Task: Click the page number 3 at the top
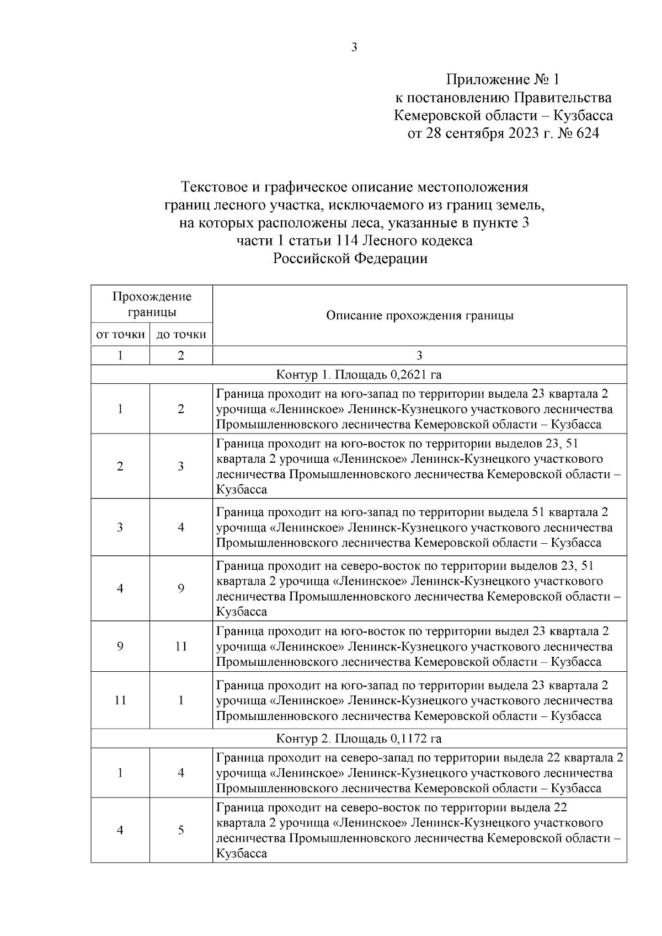[x=354, y=48]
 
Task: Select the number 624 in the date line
[x=586, y=133]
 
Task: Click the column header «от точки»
[x=120, y=334]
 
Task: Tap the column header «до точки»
[x=181, y=334]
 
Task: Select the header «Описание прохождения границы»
[x=419, y=315]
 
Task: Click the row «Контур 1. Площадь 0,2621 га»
[x=359, y=375]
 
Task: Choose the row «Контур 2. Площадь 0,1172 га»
[x=359, y=739]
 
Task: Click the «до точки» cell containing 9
[x=181, y=589]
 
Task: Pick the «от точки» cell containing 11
[x=120, y=700]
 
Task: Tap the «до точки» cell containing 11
[x=181, y=646]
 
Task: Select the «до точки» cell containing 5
[x=181, y=830]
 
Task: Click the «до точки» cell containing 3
[x=181, y=467]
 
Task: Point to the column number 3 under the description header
[x=419, y=356]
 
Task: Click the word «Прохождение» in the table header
[x=152, y=297]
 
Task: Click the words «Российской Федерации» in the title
[x=350, y=259]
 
